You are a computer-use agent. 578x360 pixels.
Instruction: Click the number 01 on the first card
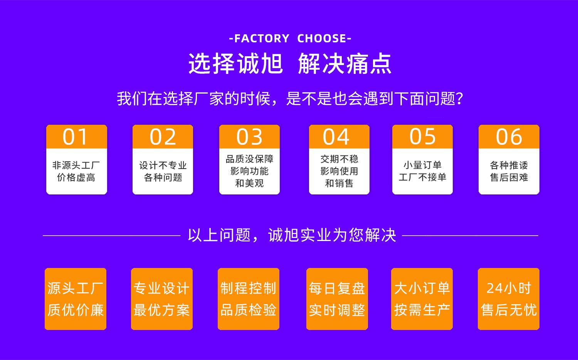76,137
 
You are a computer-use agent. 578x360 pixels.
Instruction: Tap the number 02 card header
163,137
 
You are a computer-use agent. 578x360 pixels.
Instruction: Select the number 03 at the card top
249,137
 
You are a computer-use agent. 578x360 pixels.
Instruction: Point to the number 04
336,137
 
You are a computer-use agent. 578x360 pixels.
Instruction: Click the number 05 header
422,137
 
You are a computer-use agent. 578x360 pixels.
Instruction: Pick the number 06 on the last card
509,137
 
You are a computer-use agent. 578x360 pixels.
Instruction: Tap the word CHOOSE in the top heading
322,39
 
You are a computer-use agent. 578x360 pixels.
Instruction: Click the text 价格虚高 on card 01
76,177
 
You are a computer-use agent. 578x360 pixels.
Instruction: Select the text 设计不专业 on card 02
163,166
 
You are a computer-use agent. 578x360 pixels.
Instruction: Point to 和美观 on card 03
249,183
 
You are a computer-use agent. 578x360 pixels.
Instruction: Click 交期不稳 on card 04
339,159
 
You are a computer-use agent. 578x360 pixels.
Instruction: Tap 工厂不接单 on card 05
422,177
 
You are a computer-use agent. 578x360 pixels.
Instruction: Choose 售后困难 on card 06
509,177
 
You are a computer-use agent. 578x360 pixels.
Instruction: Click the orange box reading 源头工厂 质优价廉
76,299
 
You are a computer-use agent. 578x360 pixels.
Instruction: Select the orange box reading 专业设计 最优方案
162,299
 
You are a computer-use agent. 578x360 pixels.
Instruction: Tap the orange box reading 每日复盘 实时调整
337,299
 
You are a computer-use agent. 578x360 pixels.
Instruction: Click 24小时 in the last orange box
509,288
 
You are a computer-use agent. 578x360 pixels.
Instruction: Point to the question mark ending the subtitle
459,99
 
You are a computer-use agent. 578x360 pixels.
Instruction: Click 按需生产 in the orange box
422,310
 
